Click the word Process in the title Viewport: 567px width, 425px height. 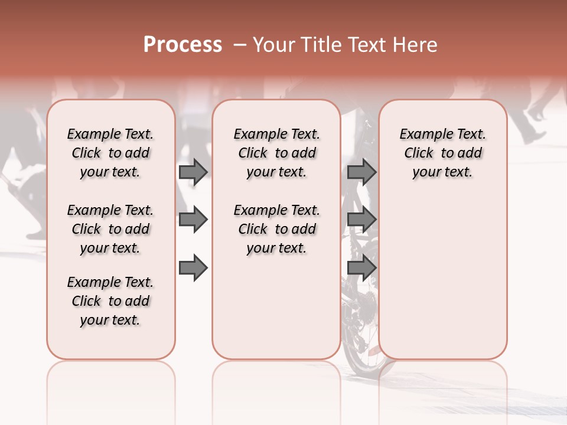click(183, 45)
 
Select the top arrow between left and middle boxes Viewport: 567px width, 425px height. click(193, 172)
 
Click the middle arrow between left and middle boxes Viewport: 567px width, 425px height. click(193, 220)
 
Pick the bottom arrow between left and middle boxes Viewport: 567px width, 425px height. click(193, 267)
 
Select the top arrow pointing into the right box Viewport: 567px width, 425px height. click(361, 172)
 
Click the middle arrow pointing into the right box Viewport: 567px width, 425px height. click(361, 220)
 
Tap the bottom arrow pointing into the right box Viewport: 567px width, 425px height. click(361, 267)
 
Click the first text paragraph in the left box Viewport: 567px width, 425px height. click(110, 153)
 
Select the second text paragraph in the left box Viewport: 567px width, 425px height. click(110, 229)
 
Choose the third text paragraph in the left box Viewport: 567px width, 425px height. click(110, 301)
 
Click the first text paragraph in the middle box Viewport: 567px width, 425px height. click(276, 153)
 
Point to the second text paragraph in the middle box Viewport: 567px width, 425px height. click(276, 229)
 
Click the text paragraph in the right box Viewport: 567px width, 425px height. click(442, 153)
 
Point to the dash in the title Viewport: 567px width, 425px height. click(240, 45)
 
